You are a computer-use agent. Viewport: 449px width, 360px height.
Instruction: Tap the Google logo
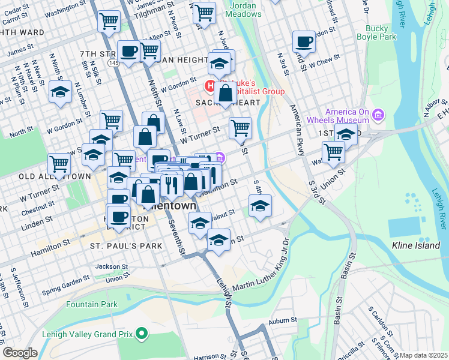click(20, 353)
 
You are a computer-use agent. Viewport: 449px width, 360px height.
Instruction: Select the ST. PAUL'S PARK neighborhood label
click(126, 247)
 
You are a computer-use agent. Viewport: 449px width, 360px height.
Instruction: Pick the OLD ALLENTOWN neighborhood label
click(54, 176)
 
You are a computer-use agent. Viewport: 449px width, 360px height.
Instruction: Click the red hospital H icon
click(211, 86)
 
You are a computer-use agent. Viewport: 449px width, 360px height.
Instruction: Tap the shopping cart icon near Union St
click(333, 152)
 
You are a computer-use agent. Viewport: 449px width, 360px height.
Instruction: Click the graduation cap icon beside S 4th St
click(261, 206)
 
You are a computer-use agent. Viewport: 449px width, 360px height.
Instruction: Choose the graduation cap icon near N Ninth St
click(60, 92)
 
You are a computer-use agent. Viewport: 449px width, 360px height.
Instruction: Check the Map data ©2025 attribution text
click(423, 355)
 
